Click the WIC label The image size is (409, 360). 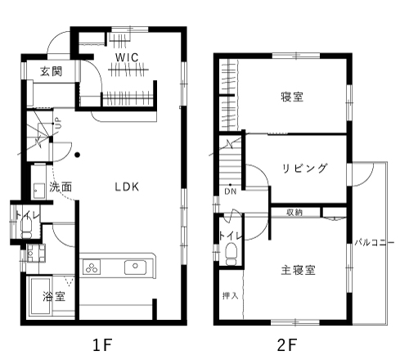coord(127,57)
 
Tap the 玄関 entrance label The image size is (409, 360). coord(52,71)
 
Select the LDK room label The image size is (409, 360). coord(127,187)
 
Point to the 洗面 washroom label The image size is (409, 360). coord(61,187)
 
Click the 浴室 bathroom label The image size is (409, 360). coord(54,296)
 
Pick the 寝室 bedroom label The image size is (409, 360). coord(292,97)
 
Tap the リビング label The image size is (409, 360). coord(304,168)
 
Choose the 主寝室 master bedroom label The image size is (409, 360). coord(298,270)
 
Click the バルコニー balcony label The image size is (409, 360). coord(374,242)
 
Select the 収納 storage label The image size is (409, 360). coord(294,213)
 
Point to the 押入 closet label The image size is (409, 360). coord(231,295)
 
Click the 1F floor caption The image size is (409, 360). coord(102,344)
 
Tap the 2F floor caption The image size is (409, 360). coord(287,344)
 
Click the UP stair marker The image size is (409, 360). coord(58,124)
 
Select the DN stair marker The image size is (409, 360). coord(231,191)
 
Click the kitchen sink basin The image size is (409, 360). coord(135,268)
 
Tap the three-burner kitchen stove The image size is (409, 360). coord(92,268)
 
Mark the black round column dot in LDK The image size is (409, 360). coord(78,155)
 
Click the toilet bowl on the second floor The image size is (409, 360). coord(231,254)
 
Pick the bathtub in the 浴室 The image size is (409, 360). coord(41,296)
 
